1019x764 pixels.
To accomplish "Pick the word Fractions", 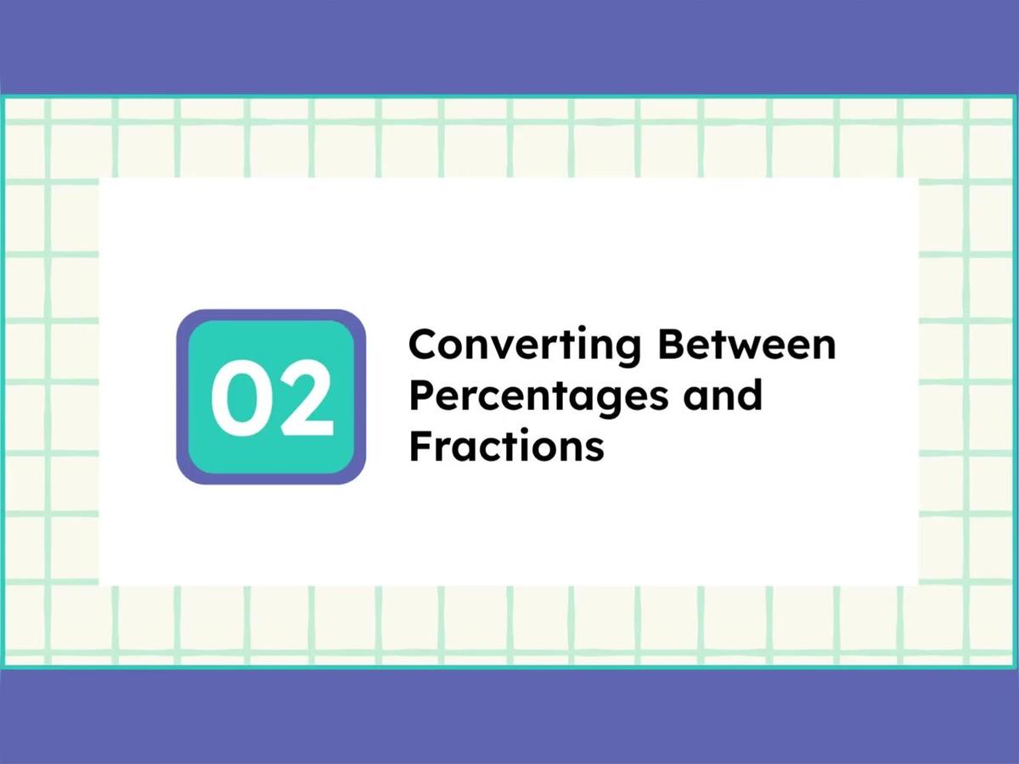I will (x=506, y=446).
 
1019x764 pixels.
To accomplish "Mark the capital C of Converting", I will (x=425, y=345).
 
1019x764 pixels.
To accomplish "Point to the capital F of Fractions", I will (x=419, y=446).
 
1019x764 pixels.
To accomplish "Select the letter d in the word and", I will (x=749, y=395).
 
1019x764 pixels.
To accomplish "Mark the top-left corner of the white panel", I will (x=100, y=179).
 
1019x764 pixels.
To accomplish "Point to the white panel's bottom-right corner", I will (x=918, y=585).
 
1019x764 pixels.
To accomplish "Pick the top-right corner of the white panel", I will (x=918, y=179).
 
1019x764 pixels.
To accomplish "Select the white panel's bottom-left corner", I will (x=100, y=585).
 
